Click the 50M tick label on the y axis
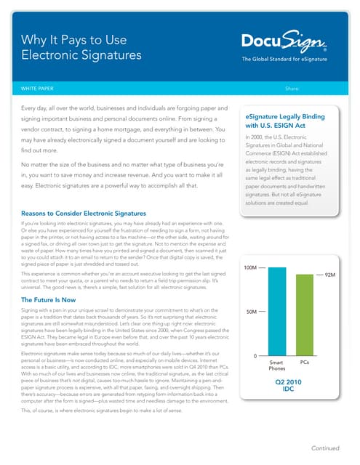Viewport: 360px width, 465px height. pyautogui.click(x=251, y=312)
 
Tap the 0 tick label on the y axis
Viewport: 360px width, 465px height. pyautogui.click(x=255, y=356)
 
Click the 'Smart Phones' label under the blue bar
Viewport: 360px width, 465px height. pyautogui.click(x=276, y=365)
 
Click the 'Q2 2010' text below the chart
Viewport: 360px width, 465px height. pyautogui.click(x=289, y=380)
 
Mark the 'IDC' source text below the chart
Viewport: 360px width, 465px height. pyautogui.click(x=289, y=389)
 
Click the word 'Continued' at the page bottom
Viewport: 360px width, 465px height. pyautogui.click(x=327, y=448)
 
